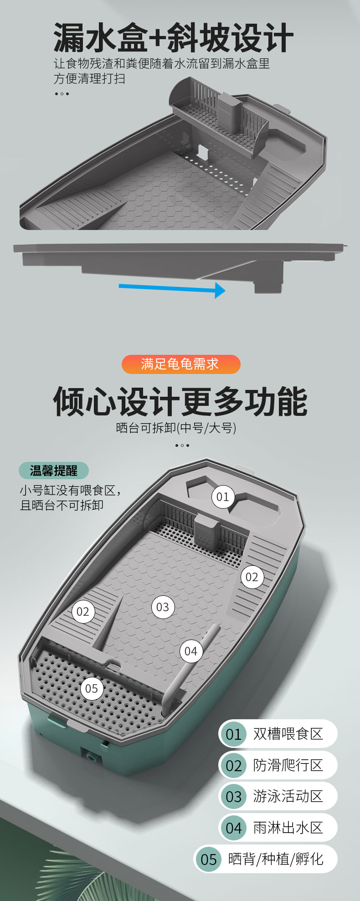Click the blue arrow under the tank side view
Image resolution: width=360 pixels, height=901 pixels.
tap(172, 288)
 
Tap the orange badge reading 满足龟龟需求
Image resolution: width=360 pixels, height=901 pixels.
tap(181, 364)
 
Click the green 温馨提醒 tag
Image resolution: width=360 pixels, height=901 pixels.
tap(54, 471)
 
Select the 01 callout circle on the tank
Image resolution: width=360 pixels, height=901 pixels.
tap(223, 497)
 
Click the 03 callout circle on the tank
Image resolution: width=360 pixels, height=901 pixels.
tap(163, 607)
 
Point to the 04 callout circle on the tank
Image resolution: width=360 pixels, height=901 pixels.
tap(191, 651)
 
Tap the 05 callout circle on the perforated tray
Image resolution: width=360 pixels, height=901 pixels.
tap(92, 688)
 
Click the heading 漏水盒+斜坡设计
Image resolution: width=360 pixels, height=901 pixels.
tap(173, 37)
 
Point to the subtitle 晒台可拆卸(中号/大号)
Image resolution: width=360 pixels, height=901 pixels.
tap(176, 428)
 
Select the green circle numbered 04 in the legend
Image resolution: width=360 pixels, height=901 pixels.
tap(233, 828)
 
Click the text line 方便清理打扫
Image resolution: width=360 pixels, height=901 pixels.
tap(90, 78)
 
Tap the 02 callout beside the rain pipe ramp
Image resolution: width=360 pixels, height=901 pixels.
tap(82, 611)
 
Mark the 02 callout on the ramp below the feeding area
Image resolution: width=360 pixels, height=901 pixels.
tap(252, 577)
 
